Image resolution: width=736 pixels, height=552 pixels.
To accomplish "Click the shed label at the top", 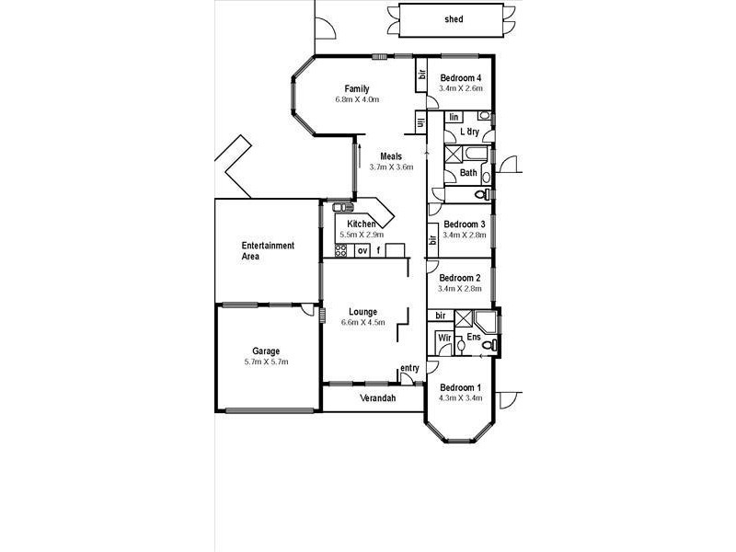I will (454, 18).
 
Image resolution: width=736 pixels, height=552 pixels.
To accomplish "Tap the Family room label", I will (357, 88).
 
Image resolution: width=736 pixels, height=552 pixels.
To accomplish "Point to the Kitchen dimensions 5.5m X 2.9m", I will (361, 235).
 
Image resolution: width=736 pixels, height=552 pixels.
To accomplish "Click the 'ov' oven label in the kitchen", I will (362, 250).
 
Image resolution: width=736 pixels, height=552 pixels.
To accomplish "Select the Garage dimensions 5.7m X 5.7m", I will (266, 362).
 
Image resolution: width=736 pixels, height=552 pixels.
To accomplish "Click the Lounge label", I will (362, 312).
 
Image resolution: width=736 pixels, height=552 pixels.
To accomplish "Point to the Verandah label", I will (376, 398).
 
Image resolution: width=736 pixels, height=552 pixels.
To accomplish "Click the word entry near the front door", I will (409, 369).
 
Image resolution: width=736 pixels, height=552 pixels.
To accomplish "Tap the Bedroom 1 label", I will (461, 387).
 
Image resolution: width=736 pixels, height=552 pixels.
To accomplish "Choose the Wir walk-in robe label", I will (443, 338).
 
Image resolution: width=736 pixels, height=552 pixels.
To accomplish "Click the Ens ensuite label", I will (473, 338).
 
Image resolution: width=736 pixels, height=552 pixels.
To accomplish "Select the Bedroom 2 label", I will (460, 278).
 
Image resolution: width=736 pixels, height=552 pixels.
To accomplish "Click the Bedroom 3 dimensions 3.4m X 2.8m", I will (462, 236).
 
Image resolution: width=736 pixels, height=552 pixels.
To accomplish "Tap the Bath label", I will (468, 172).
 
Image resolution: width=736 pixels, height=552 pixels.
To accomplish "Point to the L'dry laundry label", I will (469, 132).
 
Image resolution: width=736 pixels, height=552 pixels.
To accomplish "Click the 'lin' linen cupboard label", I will (454, 117).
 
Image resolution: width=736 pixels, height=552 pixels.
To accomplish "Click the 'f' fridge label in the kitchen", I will (378, 250).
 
